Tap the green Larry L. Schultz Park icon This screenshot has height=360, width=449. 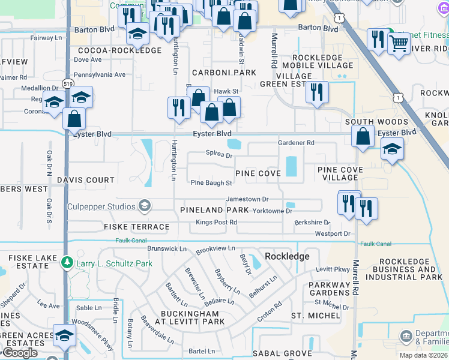tap(67, 263)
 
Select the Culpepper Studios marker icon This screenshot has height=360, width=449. tap(144, 206)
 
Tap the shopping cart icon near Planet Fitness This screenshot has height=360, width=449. tap(398, 43)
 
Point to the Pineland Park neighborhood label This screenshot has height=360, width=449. tap(214, 210)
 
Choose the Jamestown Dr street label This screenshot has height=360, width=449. tap(246, 199)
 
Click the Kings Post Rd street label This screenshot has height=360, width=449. tap(216, 223)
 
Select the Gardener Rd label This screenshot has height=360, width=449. tap(296, 143)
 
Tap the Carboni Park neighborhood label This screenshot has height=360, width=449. tap(215, 73)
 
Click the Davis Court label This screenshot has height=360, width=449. tap(86, 180)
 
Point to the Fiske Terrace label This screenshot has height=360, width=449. tap(136, 227)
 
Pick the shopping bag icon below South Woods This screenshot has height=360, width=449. tap(363, 137)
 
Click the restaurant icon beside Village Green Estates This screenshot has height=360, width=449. tap(316, 92)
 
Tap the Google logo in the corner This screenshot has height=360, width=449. tap(19, 353)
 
